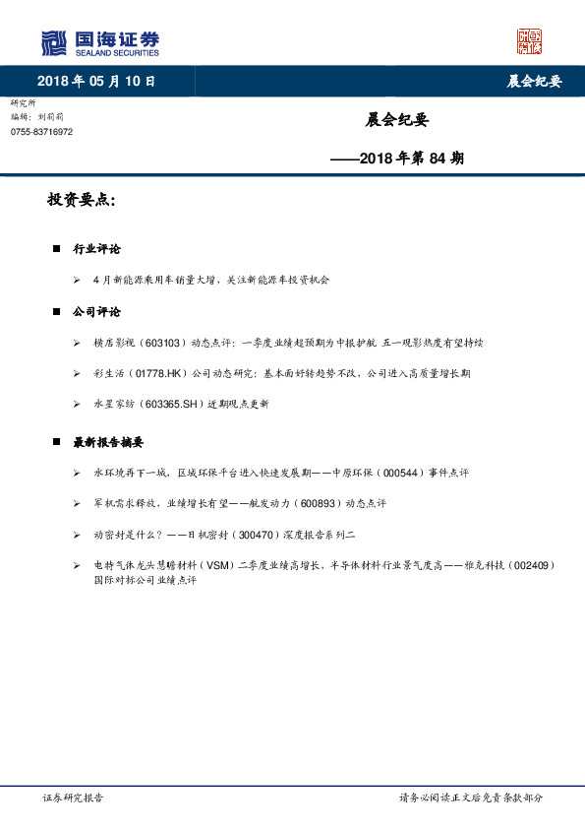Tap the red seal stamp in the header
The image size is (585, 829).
pos(529,41)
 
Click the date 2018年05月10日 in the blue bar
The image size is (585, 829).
pos(96,82)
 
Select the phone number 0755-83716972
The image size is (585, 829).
pos(41,132)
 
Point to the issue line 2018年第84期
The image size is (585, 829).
pos(397,157)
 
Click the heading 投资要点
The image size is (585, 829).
pos(81,201)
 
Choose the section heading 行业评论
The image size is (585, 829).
pos(96,249)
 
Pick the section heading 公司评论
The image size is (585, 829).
pos(96,312)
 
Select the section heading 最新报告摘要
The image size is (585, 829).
pos(108,442)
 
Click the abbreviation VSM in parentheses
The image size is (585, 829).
pos(214,565)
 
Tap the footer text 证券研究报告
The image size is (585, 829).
pos(74,798)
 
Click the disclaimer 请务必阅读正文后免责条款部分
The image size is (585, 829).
pos(471,798)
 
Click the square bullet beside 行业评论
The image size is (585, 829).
pos(57,249)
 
